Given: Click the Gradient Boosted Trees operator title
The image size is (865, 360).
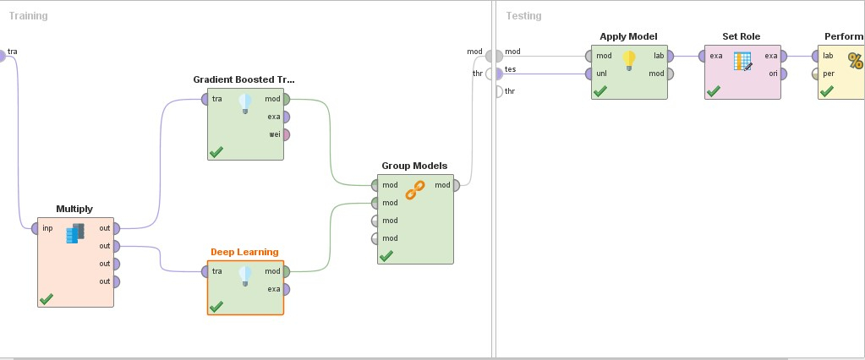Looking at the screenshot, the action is (244, 79).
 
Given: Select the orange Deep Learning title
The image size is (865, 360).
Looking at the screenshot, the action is (244, 252).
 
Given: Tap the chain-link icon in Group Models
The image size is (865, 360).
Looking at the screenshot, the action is (415, 189).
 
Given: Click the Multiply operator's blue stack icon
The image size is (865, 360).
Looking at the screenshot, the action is (75, 233).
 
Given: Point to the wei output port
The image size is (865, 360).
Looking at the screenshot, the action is (286, 134).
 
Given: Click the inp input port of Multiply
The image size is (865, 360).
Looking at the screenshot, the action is (35, 228).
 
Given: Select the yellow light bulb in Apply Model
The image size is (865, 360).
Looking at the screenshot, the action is (629, 60).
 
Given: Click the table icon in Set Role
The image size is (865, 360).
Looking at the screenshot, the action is (742, 61).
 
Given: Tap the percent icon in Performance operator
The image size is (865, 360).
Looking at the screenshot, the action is (855, 61).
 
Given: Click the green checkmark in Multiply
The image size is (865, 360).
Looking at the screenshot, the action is (47, 299).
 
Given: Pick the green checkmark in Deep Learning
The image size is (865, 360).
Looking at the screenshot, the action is (216, 306).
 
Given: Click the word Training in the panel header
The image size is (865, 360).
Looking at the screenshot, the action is (28, 16).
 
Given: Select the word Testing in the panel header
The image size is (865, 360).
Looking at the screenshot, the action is (523, 16).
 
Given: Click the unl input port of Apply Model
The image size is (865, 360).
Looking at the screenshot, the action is (589, 74).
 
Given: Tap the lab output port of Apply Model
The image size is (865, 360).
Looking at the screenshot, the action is (670, 56).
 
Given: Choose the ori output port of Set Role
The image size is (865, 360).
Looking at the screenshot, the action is (783, 74).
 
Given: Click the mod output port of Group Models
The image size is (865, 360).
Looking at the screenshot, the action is (456, 185).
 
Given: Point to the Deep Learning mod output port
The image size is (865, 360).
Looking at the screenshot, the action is (286, 271).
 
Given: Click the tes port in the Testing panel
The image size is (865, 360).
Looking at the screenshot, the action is (498, 74).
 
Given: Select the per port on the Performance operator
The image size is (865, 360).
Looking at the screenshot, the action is (815, 74).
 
